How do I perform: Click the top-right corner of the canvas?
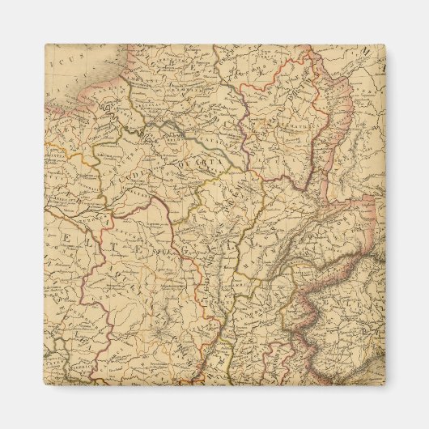pyautogui.click(x=385, y=45)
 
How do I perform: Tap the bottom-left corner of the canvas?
pyautogui.click(x=45, y=385)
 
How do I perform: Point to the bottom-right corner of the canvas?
pyautogui.click(x=385, y=385)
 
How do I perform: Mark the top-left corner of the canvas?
pyautogui.click(x=45, y=45)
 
